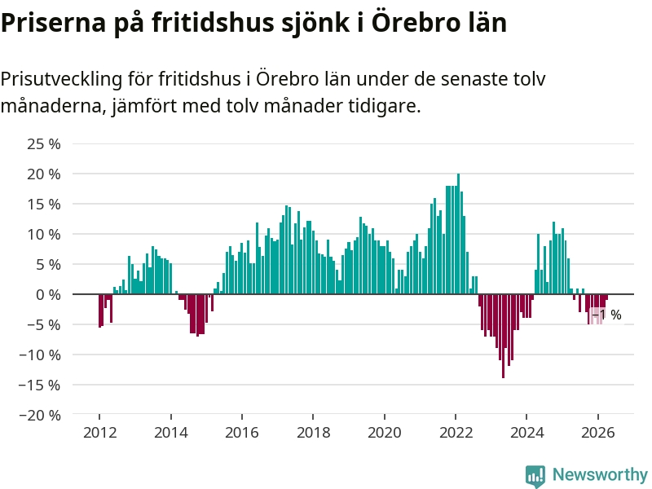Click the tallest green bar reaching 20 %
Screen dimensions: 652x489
pos(459,234)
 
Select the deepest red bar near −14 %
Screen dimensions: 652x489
pos(503,336)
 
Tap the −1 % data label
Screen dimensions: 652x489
pos(606,315)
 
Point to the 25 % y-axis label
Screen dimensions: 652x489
pos(44,144)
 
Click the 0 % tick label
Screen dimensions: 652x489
pos(48,295)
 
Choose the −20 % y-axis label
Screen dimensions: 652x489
pos(40,415)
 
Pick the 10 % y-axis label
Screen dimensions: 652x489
pos(44,235)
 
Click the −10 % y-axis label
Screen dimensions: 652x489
pos(40,355)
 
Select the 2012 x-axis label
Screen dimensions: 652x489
pos(99,433)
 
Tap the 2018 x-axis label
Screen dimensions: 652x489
pos(314,433)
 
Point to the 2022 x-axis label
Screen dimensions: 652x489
pos(456,433)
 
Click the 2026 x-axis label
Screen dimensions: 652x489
pos(598,433)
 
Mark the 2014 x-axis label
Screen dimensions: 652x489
pos(171,433)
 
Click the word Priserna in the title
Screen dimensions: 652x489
pos(53,23)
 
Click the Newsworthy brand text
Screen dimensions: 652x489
pos(600,474)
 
